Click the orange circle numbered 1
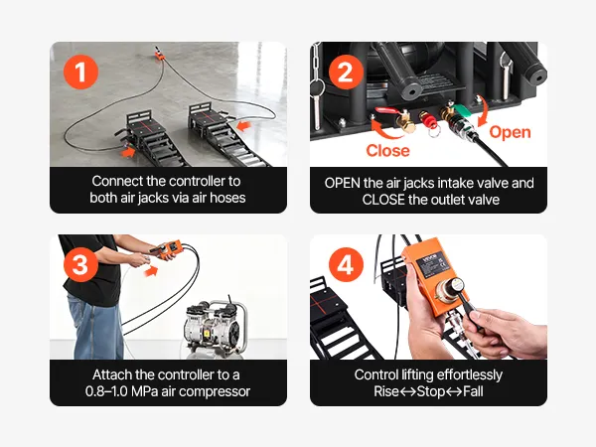[x=80, y=72]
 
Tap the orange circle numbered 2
[x=345, y=72]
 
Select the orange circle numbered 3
[x=80, y=264]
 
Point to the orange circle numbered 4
[x=345, y=264]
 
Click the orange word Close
[x=387, y=151]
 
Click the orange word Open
[x=510, y=132]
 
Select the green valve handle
[x=463, y=110]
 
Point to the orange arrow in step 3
[x=151, y=271]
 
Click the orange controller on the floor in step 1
[x=159, y=55]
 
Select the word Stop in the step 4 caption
[x=431, y=391]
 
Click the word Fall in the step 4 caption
[x=473, y=391]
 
